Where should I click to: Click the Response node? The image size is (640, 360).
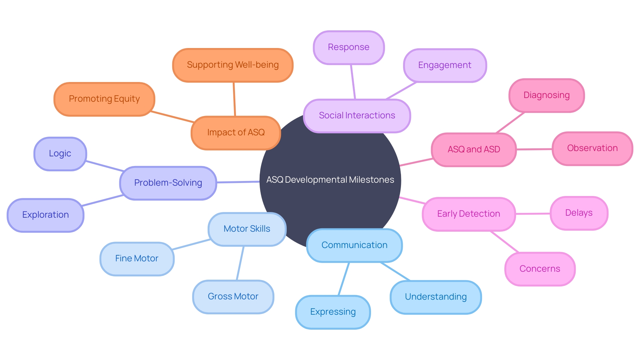click(349, 47)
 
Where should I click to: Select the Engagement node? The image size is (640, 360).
click(445, 65)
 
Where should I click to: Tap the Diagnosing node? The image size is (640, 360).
click(546, 95)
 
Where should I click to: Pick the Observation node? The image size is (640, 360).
click(592, 148)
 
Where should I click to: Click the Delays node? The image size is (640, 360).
click(579, 213)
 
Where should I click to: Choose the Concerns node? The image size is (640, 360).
click(540, 269)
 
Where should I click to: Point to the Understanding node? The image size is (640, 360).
click(436, 297)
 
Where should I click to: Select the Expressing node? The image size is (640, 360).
click(333, 312)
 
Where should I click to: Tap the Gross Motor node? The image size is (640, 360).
click(233, 297)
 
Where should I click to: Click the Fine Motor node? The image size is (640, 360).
click(137, 259)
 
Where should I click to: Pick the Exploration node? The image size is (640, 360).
click(45, 215)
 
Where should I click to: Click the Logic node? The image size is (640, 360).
click(60, 154)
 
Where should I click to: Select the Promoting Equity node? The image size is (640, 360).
click(104, 99)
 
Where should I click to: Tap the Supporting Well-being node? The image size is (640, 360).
click(233, 65)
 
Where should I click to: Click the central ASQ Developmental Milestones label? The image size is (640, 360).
click(330, 180)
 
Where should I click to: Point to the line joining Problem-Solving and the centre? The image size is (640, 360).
click(238, 182)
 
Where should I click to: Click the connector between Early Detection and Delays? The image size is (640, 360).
click(533, 214)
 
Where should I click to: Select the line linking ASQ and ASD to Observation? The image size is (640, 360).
click(534, 149)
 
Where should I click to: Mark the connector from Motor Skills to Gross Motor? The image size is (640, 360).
click(240, 263)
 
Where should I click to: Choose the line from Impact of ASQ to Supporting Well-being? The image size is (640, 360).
click(234, 99)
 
